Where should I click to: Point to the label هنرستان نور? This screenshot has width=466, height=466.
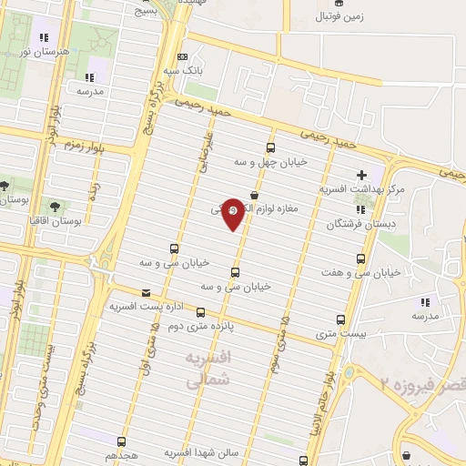point(34,52)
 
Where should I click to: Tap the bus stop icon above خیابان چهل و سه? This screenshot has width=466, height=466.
point(270,147)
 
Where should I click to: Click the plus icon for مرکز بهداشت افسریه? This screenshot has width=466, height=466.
point(361,174)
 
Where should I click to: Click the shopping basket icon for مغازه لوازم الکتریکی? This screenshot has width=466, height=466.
point(253,195)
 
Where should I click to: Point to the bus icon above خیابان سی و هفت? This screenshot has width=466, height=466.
point(362,258)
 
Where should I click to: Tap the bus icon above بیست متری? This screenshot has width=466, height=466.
point(341,319)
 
